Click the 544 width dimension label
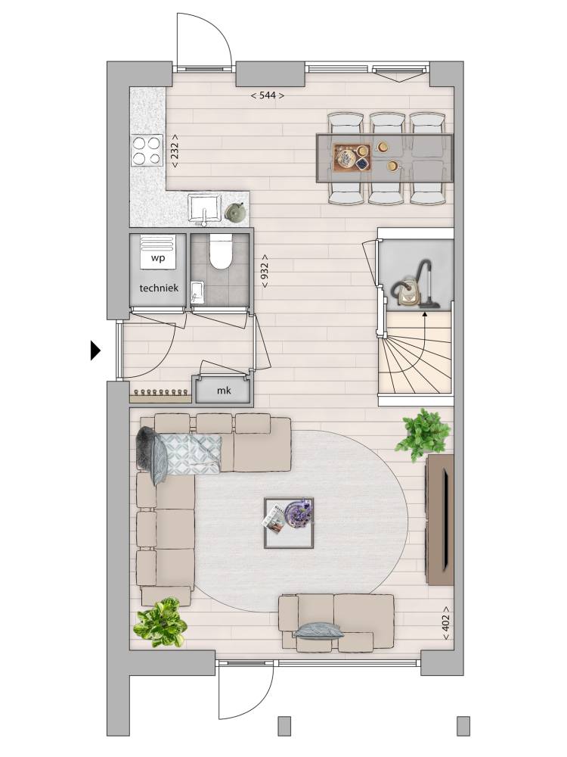(x=267, y=95)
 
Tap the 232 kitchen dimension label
(x=174, y=151)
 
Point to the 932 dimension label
(x=264, y=271)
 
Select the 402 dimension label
(x=445, y=623)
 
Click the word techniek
(x=159, y=288)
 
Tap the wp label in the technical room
(x=158, y=258)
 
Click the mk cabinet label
(x=224, y=391)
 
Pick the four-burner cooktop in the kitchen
(x=147, y=150)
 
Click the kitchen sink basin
(x=204, y=207)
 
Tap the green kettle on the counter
(x=235, y=213)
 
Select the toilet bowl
(x=222, y=251)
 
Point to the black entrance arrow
(x=95, y=350)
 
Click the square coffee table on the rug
(x=289, y=523)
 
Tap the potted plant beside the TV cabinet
(x=423, y=435)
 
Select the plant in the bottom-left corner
(x=160, y=622)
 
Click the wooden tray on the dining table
(x=352, y=157)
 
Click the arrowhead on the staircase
(x=425, y=315)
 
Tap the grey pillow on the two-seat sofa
(x=319, y=630)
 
